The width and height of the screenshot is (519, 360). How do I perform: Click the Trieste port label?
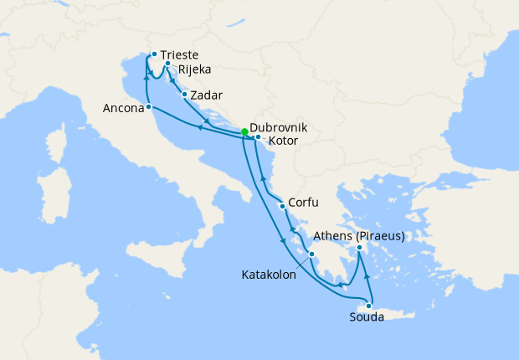click(x=180, y=56)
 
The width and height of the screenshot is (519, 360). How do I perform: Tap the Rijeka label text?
click(x=194, y=69)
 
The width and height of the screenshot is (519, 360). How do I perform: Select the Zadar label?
click(x=207, y=95)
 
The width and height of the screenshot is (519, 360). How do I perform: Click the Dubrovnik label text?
click(x=279, y=126)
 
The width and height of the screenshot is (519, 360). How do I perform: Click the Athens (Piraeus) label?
click(x=359, y=236)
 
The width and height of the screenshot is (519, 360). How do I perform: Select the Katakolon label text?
click(x=269, y=274)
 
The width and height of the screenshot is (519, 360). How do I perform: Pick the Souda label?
click(x=367, y=317)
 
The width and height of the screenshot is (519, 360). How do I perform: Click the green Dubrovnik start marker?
click(x=244, y=132)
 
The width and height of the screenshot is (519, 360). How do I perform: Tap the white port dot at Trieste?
click(x=154, y=55)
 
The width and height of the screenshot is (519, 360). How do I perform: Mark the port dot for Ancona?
click(x=148, y=107)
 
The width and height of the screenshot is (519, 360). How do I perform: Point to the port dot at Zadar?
click(x=184, y=95)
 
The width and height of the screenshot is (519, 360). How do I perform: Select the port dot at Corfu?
click(x=284, y=206)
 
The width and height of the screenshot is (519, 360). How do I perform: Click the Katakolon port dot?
click(x=311, y=255)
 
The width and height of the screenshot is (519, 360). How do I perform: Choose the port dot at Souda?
click(x=368, y=306)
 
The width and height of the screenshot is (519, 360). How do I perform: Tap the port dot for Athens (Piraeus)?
click(x=359, y=248)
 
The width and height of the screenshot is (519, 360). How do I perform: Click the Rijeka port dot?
click(x=168, y=64)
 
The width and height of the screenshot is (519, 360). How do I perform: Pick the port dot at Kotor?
click(x=258, y=137)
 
